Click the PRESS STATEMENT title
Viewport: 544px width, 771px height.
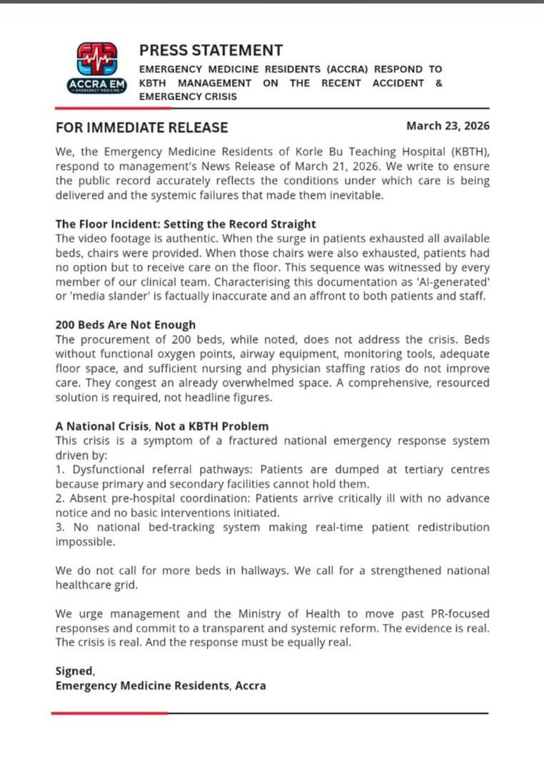tap(211, 51)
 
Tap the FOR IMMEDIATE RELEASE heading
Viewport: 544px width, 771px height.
tap(142, 128)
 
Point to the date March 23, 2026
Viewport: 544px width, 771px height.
tap(448, 126)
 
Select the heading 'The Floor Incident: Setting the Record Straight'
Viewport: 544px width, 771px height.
tap(186, 224)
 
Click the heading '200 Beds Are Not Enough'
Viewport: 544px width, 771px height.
tap(125, 325)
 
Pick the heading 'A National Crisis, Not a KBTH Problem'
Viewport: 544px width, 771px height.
tap(162, 426)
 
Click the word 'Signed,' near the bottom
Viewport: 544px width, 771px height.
tap(75, 671)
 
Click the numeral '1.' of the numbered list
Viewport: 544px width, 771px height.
tap(60, 469)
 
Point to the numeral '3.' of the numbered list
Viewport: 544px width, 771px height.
tap(61, 527)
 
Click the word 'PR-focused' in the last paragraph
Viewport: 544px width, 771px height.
tap(460, 614)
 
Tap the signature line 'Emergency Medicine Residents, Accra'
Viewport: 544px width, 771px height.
tap(161, 686)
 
